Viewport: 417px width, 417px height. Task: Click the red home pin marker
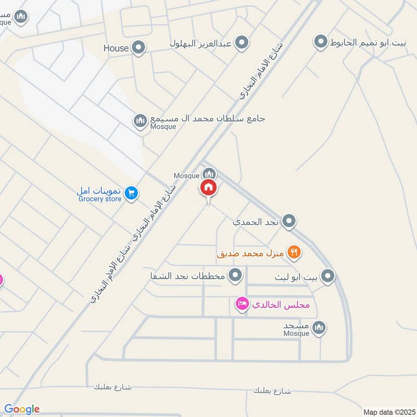click(x=209, y=188)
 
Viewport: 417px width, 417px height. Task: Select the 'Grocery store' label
click(x=100, y=199)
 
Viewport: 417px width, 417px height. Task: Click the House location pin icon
click(x=139, y=48)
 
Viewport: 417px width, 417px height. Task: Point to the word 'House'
click(x=116, y=48)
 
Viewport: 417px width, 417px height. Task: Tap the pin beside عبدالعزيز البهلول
click(x=241, y=43)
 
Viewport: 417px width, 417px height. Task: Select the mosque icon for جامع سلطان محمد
click(x=140, y=121)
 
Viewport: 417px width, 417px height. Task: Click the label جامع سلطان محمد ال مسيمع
click(x=208, y=118)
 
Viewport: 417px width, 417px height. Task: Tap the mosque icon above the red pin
click(x=209, y=173)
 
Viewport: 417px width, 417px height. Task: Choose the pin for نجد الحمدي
click(x=289, y=222)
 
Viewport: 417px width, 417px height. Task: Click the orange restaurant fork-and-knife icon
click(x=295, y=253)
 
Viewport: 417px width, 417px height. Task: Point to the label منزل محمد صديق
click(x=250, y=254)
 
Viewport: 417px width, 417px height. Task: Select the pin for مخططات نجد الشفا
click(x=236, y=274)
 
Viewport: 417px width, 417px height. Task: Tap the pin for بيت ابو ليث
click(x=327, y=276)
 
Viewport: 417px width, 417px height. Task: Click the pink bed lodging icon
click(x=242, y=303)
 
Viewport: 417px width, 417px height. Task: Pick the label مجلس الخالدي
click(x=281, y=305)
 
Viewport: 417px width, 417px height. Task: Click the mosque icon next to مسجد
click(x=320, y=327)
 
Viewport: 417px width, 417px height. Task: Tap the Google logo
click(x=22, y=409)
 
